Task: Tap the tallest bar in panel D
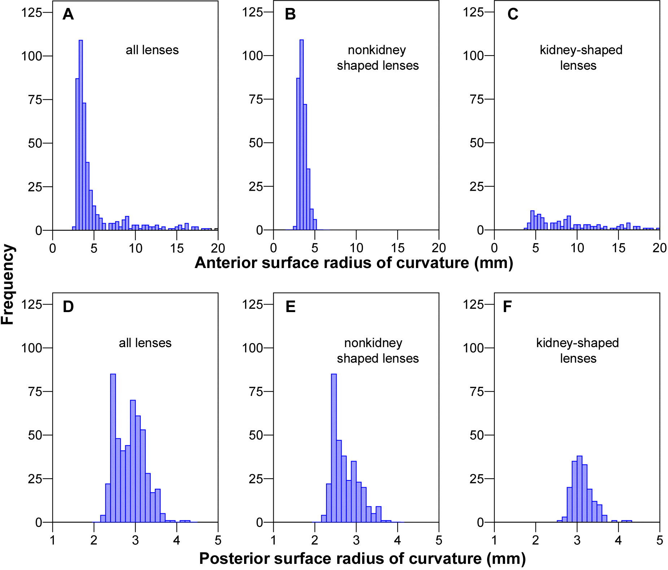[x=113, y=448]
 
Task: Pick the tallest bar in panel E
[x=334, y=448]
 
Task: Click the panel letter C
[x=513, y=14]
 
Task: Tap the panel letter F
[x=507, y=307]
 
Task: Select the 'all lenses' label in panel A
[x=152, y=50]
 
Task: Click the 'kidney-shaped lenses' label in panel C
[x=581, y=57]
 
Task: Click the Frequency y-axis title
[x=8, y=285]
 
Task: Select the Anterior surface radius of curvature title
[x=353, y=263]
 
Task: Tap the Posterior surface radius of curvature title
[x=362, y=558]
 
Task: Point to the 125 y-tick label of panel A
[x=32, y=13]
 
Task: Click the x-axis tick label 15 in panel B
[x=398, y=248]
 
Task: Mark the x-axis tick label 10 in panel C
[x=577, y=248]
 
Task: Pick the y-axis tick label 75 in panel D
[x=35, y=392]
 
